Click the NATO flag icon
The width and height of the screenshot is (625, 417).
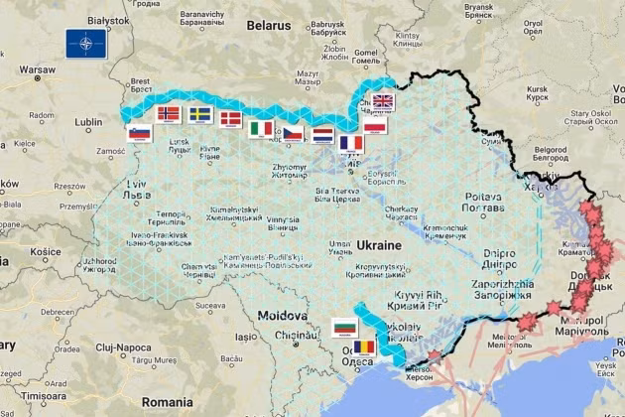pyautogui.click(x=81, y=43)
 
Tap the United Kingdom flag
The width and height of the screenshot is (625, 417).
pyautogui.click(x=382, y=101)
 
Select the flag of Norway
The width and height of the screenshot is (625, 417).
pyautogui.click(x=170, y=113)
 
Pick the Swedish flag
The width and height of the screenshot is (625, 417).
pyautogui.click(x=200, y=114)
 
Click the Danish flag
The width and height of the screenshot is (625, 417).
pyautogui.click(x=230, y=119)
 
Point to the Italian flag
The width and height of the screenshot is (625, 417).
pyautogui.click(x=262, y=128)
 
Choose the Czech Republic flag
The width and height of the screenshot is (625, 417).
pyautogui.click(x=293, y=132)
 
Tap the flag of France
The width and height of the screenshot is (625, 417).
pyautogui.click(x=351, y=142)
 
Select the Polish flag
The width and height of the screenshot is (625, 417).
pyautogui.click(x=375, y=127)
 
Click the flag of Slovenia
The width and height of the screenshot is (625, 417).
pyautogui.click(x=139, y=134)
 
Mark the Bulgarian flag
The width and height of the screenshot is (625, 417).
pyautogui.click(x=344, y=326)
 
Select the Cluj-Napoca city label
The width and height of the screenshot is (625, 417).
pyautogui.click(x=123, y=347)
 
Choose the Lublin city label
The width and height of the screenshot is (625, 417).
pyautogui.click(x=87, y=122)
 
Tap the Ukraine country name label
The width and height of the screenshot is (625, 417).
pyautogui.click(x=377, y=244)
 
